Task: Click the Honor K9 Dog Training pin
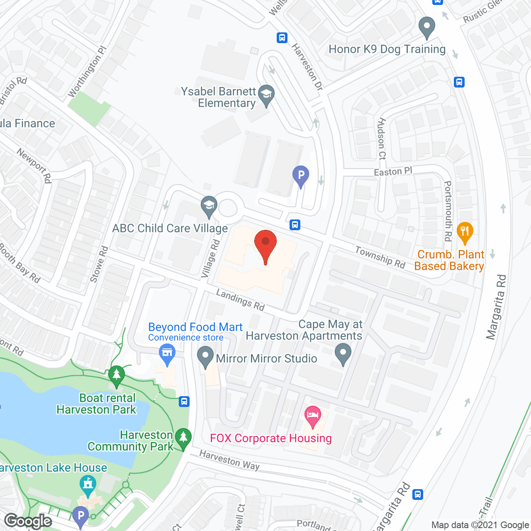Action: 426,27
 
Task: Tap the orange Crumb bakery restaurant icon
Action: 465,233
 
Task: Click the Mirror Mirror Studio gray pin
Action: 205,357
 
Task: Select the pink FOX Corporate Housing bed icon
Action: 313,416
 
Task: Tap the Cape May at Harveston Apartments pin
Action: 343,355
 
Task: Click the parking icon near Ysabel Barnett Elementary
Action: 301,176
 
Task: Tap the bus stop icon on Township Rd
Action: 295,225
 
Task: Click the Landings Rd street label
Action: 240,300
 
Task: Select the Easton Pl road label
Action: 393,171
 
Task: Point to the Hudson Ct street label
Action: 382,139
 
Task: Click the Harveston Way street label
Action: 229,460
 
